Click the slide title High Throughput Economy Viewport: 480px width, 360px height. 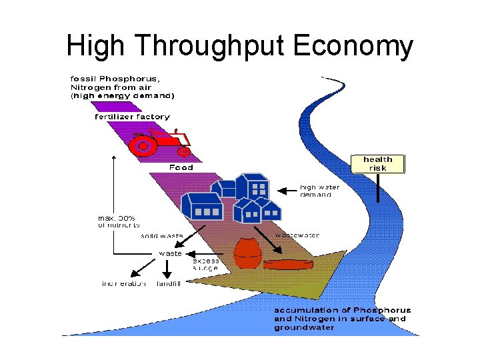click(240, 46)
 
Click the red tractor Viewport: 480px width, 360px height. click(160, 141)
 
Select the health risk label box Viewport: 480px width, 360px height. click(377, 163)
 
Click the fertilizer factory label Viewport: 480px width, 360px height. click(131, 117)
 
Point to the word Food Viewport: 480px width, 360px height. click(181, 167)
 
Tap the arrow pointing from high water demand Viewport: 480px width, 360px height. click(287, 191)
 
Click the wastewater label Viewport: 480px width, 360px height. click(297, 235)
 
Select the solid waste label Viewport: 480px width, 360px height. click(161, 236)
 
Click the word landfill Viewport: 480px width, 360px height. click(169, 284)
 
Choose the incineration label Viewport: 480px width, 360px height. click(124, 284)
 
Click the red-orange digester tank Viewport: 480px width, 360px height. click(248, 253)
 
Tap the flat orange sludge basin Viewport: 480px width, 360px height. click(289, 264)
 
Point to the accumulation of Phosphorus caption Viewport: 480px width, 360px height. click(342, 319)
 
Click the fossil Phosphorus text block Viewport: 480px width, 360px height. click(122, 87)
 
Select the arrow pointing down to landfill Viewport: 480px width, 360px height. click(167, 269)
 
